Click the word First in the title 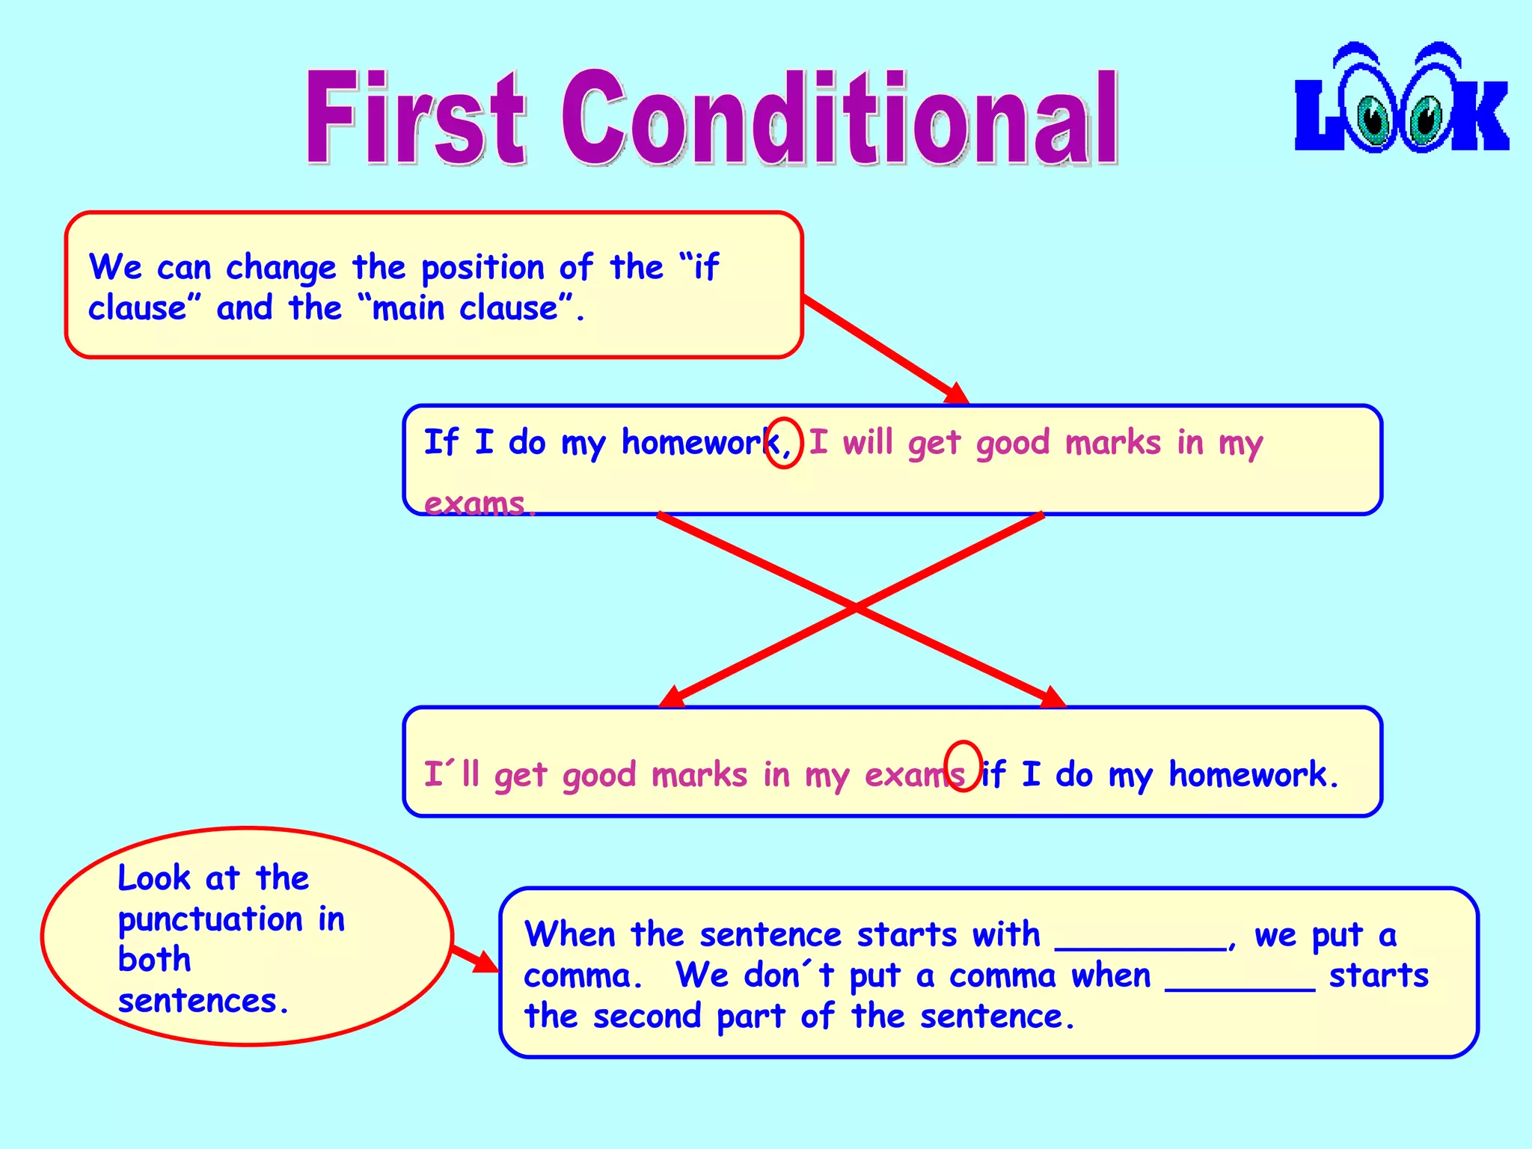pyautogui.click(x=415, y=118)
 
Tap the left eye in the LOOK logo pyautogui.click(x=1373, y=120)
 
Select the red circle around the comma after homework pyautogui.click(x=783, y=443)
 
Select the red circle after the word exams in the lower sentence pyautogui.click(x=963, y=766)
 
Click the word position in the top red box pyautogui.click(x=482, y=268)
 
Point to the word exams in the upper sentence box pyautogui.click(x=474, y=503)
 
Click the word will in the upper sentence pyautogui.click(x=868, y=442)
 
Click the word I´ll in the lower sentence pyautogui.click(x=451, y=773)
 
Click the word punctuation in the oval pyautogui.click(x=210, y=919)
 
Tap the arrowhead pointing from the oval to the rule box pyautogui.click(x=486, y=963)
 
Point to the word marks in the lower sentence pyautogui.click(x=699, y=775)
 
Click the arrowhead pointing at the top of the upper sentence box pyautogui.click(x=957, y=394)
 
